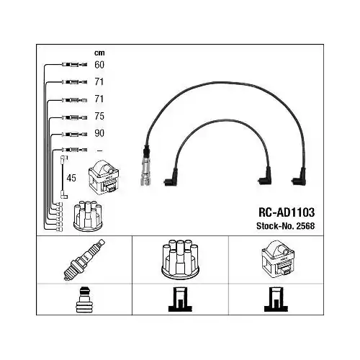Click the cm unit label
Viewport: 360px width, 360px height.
(99, 53)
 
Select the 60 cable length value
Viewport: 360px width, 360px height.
(99, 65)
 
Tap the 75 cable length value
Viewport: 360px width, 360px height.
(99, 116)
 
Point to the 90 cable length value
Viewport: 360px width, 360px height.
(99, 133)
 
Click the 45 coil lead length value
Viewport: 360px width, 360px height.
(71, 178)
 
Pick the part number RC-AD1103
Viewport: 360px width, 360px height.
(287, 212)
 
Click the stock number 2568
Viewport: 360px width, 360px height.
(305, 226)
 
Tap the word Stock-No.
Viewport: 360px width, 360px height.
(276, 226)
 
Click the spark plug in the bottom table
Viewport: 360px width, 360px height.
(84, 259)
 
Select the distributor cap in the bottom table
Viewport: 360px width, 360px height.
(180, 259)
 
